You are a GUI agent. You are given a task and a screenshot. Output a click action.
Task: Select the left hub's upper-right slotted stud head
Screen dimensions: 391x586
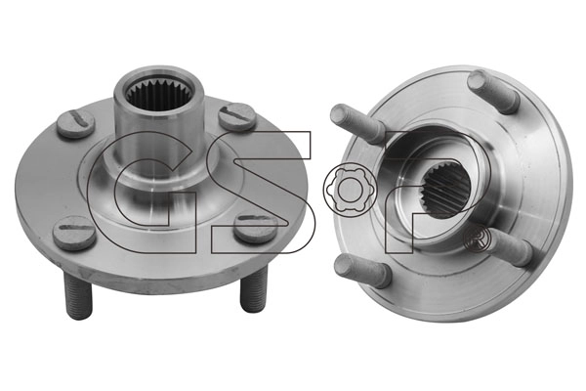(237, 116)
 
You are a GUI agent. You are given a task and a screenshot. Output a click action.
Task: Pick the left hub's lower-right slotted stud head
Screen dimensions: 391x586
(255, 229)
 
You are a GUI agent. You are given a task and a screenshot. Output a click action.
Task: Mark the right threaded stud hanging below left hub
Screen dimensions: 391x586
(253, 291)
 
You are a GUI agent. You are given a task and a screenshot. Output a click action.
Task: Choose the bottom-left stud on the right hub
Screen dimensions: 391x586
(364, 269)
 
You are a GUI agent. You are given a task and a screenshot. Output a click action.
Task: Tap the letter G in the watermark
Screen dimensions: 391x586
(137, 191)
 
